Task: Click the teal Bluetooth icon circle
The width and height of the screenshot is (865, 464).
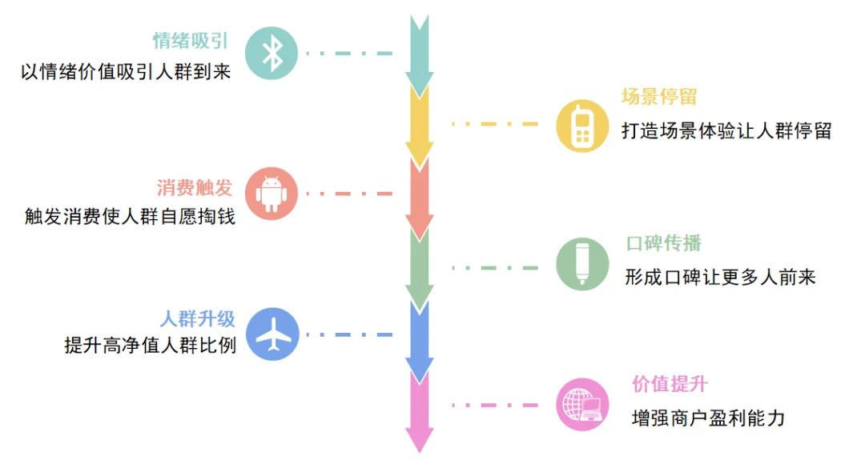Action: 272,54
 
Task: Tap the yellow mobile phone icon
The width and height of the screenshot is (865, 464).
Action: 582,126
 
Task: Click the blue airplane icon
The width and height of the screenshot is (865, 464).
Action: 272,334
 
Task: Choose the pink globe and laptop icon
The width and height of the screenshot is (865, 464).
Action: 582,404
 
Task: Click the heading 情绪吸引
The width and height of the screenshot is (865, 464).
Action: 190,42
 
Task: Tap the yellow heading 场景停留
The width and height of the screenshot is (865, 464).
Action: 659,98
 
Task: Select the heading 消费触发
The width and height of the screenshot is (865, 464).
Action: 195,188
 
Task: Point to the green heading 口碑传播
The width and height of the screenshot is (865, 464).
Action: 664,244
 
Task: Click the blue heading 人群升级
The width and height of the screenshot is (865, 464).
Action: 198,319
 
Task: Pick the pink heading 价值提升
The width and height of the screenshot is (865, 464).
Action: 670,384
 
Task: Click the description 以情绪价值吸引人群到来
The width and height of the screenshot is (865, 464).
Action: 126,72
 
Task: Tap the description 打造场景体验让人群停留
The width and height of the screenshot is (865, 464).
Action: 726,130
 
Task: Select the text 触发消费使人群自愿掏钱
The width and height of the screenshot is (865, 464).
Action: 131,217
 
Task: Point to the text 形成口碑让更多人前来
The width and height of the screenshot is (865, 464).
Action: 720,278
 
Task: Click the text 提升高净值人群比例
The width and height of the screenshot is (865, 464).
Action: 151,347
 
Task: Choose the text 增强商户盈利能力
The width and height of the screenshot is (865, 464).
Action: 708,418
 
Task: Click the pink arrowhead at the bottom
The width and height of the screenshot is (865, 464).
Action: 419,439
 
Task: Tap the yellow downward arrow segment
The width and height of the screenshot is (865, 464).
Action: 419,120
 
